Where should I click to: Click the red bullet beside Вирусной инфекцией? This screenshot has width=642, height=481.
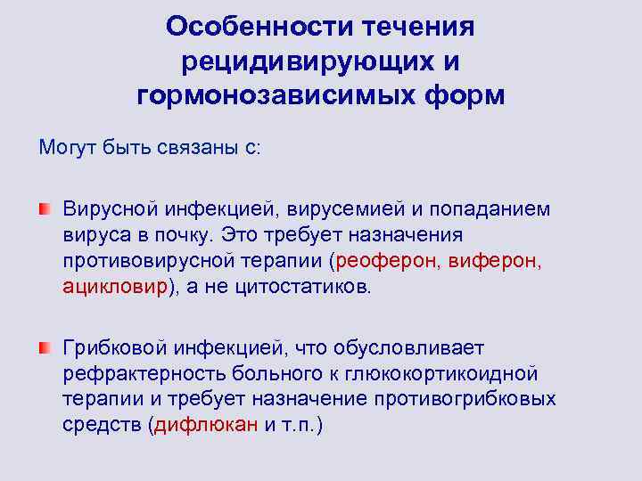pyautogui.click(x=45, y=208)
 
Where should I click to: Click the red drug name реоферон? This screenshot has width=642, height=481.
pyautogui.click(x=381, y=261)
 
